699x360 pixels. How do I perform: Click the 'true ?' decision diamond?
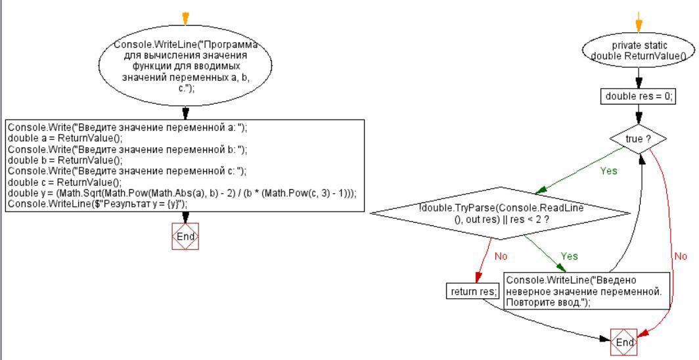point(638,139)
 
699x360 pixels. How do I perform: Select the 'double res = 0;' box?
point(638,97)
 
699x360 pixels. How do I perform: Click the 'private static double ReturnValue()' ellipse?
point(639,51)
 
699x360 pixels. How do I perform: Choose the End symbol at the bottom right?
point(624,342)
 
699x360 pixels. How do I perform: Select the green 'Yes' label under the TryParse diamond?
point(570,256)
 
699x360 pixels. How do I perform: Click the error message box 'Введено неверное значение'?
point(587,290)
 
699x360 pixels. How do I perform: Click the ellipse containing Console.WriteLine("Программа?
point(185,68)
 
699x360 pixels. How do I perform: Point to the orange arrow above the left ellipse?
point(185,17)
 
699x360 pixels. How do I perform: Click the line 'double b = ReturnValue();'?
point(65,160)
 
